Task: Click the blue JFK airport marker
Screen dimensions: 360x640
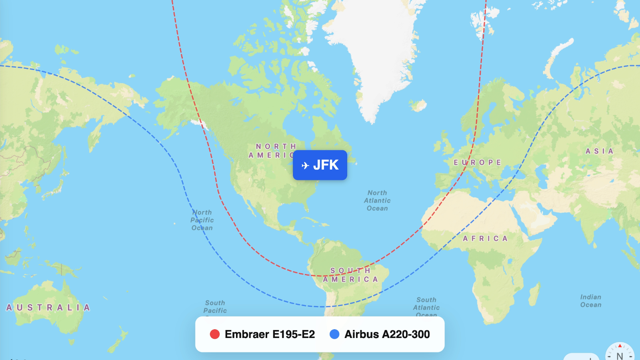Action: point(320,165)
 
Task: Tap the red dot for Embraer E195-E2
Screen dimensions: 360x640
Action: point(215,334)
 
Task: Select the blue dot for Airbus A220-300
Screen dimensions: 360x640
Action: point(334,334)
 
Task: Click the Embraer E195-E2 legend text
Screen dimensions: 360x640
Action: point(270,334)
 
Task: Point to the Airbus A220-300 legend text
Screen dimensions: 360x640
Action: point(387,334)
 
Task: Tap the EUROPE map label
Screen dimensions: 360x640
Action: point(477,162)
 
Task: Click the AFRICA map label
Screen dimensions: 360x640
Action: point(485,238)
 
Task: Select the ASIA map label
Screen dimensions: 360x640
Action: point(599,151)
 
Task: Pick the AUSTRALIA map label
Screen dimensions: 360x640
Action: point(48,307)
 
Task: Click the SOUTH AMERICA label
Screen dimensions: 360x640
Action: point(350,275)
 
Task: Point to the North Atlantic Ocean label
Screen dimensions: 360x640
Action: point(377,200)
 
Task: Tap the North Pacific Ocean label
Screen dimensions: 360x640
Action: point(202,220)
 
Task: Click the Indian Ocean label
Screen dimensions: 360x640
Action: point(591,301)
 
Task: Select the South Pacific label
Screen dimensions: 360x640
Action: point(215,306)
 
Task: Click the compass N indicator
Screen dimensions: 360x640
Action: point(620,354)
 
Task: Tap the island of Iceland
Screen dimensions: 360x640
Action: point(418,106)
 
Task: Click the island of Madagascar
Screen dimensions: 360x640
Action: point(535,294)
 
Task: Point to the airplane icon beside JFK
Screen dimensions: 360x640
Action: point(305,165)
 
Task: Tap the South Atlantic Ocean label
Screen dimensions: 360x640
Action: point(426,307)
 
